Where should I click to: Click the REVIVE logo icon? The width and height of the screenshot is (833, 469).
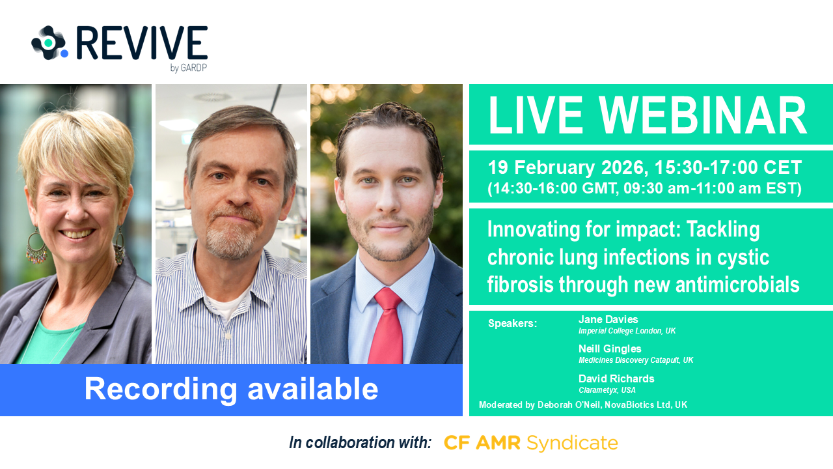click(49, 43)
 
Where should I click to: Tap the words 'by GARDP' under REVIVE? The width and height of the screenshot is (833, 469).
click(188, 67)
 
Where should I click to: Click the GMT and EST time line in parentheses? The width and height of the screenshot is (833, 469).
click(644, 188)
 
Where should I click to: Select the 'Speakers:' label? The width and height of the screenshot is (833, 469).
click(512, 324)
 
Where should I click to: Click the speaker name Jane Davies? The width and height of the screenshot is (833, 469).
click(608, 319)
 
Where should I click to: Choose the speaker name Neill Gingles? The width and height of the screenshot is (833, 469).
click(610, 348)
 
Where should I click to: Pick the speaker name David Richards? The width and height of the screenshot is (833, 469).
click(616, 378)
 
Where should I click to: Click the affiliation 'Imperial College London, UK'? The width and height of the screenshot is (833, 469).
click(627, 331)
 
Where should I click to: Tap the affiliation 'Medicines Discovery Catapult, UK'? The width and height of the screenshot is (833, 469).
click(635, 360)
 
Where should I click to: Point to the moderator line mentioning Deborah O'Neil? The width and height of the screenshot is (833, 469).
click(582, 405)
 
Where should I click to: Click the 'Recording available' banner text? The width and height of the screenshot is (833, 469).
click(231, 389)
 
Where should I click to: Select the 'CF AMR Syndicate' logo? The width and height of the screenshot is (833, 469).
click(530, 443)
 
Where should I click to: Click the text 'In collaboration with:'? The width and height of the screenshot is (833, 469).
click(360, 443)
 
